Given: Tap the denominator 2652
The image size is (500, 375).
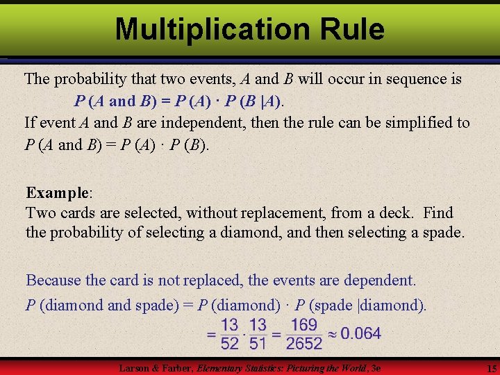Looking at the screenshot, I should point(304,343).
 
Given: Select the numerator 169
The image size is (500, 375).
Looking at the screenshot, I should point(304,324).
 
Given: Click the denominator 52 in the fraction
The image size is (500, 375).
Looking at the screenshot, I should point(230,343).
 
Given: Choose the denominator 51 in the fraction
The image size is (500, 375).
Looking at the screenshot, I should point(258,343).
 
